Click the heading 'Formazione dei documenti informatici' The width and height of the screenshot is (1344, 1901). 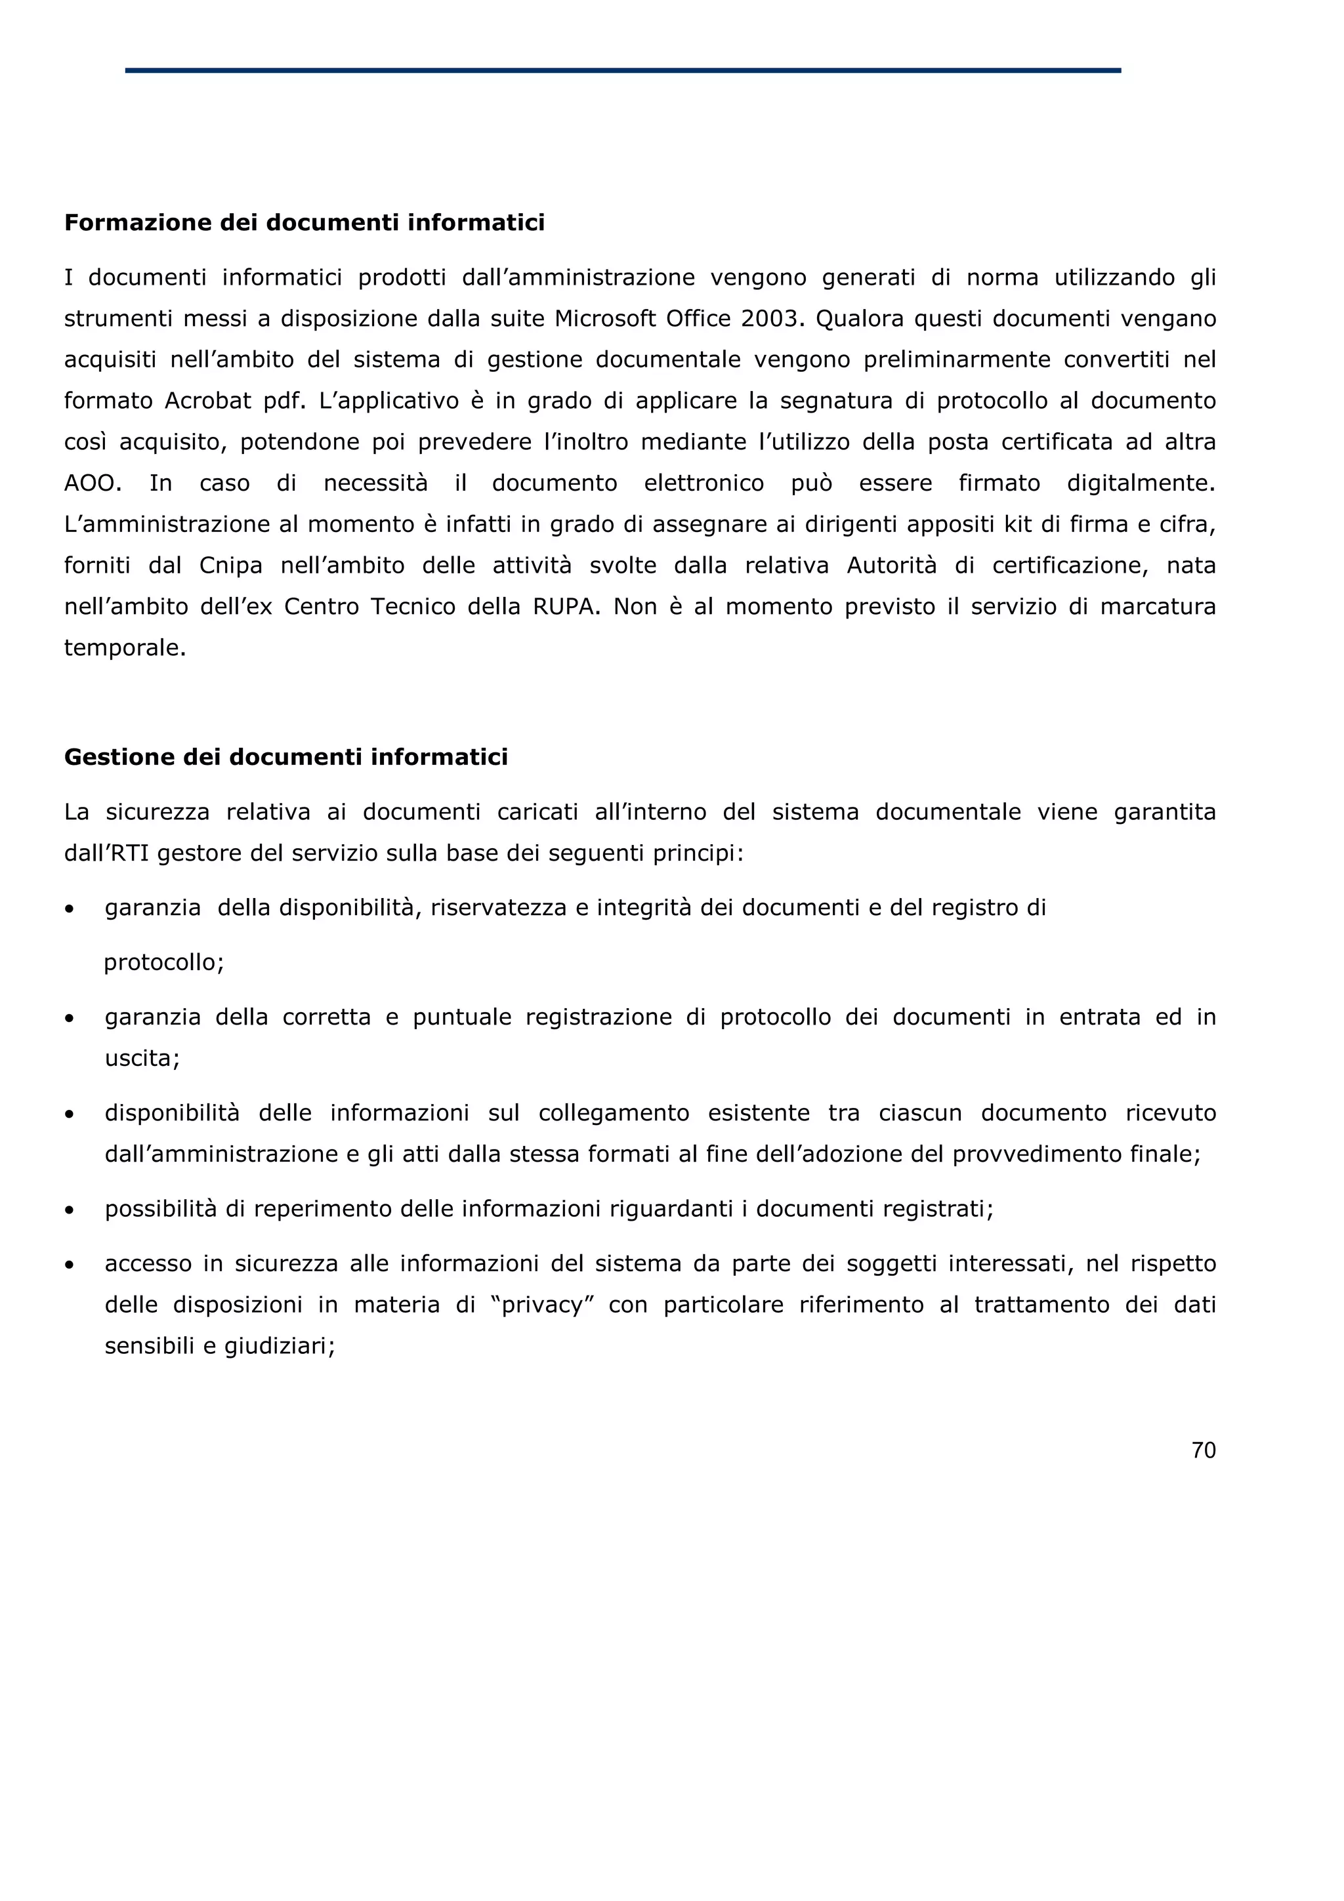click(x=304, y=223)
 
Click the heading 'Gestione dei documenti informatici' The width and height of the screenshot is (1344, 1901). click(x=285, y=758)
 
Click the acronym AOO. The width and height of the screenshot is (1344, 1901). click(x=93, y=483)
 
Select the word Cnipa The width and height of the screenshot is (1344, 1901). click(x=230, y=565)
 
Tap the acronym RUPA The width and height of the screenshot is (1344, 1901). click(x=564, y=607)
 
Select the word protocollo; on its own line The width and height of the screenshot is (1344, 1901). click(x=164, y=963)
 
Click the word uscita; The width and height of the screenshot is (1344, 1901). click(x=142, y=1058)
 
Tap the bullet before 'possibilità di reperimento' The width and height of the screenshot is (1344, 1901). click(x=70, y=1210)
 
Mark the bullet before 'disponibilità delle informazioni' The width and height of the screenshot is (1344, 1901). click(x=70, y=1114)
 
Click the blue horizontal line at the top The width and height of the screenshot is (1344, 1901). click(x=623, y=70)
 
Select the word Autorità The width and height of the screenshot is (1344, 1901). click(x=891, y=565)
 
